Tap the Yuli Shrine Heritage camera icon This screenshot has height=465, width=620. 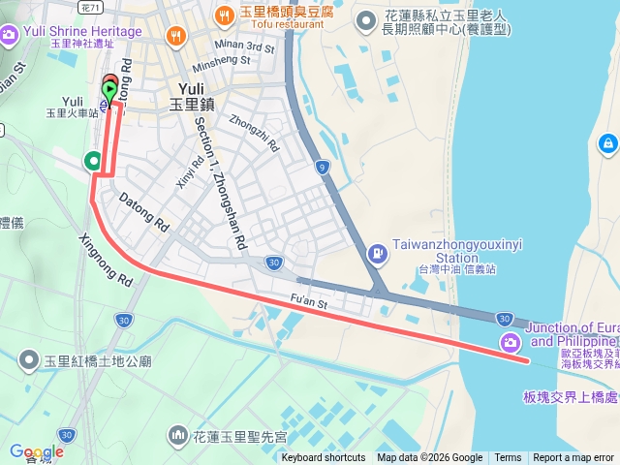9,36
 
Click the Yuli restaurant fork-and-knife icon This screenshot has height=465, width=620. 175,37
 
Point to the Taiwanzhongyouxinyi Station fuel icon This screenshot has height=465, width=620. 376,254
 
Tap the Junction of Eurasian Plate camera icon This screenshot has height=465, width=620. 510,342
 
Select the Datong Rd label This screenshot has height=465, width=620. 143,212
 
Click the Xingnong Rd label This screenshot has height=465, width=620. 105,260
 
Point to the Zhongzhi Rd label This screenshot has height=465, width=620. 254,135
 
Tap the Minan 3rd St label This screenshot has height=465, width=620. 246,46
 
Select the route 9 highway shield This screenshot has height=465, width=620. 322,167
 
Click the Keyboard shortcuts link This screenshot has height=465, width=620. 324,458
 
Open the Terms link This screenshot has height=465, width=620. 508,458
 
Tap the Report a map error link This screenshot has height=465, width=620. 574,458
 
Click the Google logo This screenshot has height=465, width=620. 36,451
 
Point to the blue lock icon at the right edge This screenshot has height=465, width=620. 607,144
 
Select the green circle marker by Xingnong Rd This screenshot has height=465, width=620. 93,160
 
